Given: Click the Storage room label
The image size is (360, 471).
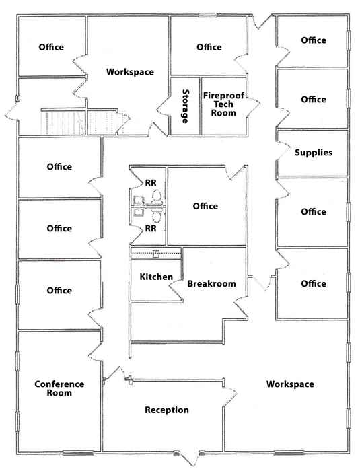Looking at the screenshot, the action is click(186, 106).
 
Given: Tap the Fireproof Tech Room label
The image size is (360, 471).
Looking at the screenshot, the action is click(223, 104).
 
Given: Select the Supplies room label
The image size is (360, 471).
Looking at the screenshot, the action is click(314, 153).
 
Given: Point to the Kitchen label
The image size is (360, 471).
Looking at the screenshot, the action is click(156, 277).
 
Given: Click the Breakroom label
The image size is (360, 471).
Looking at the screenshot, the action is click(211, 283).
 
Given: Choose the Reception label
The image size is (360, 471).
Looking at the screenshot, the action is click(167, 410).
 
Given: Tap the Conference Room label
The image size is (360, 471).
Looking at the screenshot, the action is click(59, 388).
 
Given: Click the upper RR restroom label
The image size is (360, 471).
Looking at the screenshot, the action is click(151, 182).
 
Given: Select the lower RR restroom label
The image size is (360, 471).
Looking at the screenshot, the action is click(151, 229).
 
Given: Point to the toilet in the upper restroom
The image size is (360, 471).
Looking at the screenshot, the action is click(157, 196).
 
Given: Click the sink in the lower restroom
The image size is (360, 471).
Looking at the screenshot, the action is click(139, 212).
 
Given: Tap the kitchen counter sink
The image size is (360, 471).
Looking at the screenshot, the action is click(156, 254).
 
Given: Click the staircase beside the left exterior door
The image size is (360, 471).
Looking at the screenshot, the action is click(63, 122).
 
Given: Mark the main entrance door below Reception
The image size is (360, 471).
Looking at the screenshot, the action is click(190, 458).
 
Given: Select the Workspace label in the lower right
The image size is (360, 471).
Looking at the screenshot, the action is click(290, 384).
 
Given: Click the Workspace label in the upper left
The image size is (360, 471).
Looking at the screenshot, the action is click(130, 72).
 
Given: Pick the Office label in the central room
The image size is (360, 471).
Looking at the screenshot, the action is click(205, 206).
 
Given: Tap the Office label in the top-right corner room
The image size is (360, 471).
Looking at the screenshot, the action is click(314, 40).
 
